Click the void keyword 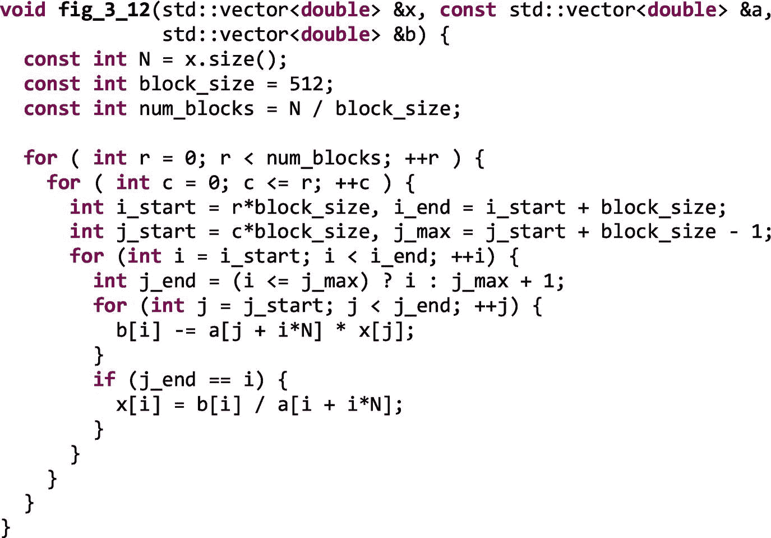[23, 10]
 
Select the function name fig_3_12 [104, 11]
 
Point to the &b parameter [405, 35]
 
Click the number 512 [306, 84]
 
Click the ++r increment [422, 158]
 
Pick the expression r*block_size [301, 208]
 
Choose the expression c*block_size [301, 232]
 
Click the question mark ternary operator [387, 281]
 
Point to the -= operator [185, 330]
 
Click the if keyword [104, 379]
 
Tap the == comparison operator [220, 380]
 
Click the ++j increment [491, 306]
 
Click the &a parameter [751, 10]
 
